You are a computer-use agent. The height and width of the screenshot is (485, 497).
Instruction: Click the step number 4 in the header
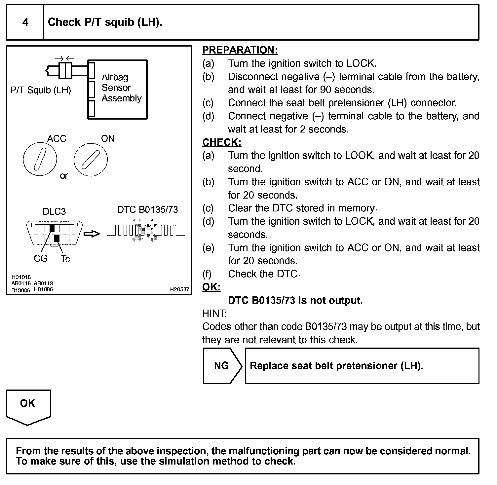coord(25,22)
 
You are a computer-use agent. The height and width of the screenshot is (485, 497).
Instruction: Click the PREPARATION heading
coord(240,50)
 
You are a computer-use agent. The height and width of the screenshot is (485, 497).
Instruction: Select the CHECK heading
coord(222,142)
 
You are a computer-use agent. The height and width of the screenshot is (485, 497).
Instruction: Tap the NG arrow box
coord(222,366)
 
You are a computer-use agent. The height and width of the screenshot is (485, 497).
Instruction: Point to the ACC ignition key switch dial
coord(40,160)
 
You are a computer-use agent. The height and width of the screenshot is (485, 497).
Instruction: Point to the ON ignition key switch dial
coord(91,160)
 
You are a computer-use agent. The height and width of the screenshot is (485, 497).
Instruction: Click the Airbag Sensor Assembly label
coord(121,88)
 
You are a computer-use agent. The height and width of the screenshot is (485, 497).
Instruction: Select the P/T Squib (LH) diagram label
coord(41,90)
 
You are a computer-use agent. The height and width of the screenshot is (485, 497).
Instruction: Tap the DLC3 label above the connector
coord(54,211)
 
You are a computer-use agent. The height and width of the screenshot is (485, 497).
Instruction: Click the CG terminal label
coord(41,259)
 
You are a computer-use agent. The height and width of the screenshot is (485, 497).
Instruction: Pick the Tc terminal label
coord(65,259)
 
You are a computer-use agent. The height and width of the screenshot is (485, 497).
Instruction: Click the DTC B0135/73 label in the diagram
coord(147,210)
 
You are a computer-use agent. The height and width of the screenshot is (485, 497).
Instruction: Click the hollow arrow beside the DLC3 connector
coord(92,234)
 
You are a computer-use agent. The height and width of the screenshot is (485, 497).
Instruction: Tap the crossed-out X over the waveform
coord(145,231)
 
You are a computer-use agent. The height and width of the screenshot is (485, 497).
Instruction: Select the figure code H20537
coord(179,289)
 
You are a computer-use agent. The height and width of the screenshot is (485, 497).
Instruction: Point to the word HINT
coord(214,313)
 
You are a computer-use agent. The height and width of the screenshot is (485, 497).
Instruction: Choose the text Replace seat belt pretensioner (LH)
coord(336,366)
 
